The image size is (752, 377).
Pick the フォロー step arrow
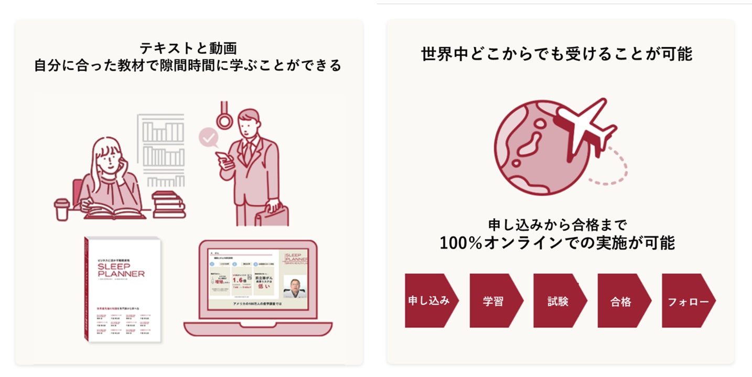click(687, 301)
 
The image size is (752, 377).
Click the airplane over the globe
click(584, 128)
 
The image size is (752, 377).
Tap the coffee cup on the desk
click(62, 209)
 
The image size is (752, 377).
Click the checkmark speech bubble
click(208, 138)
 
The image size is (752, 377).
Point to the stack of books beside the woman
click(169, 204)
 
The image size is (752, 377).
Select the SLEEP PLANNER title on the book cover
click(121, 269)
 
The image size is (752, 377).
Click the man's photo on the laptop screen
click(295, 286)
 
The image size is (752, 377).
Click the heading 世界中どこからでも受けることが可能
click(557, 53)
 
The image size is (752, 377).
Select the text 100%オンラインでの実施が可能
click(557, 243)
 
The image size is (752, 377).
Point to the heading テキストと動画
click(188, 48)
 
